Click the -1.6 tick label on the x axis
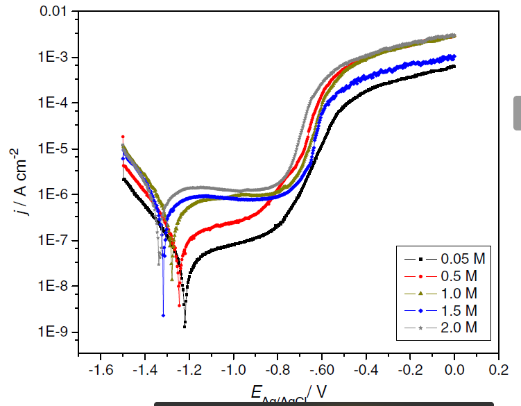101,369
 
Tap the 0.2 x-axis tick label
498,369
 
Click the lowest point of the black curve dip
185,325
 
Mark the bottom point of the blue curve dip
163,315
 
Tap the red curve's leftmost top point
123,137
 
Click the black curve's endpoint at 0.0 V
454,66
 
